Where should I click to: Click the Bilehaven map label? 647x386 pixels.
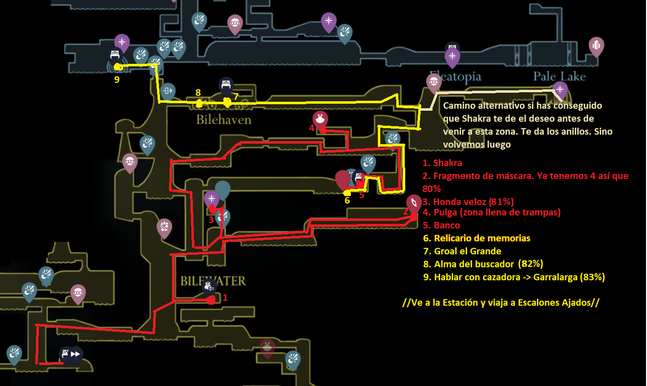[224, 120]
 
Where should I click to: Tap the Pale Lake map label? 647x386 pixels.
[559, 77]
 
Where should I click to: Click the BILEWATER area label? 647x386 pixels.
[213, 281]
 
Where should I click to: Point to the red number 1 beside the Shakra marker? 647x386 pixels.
[225, 297]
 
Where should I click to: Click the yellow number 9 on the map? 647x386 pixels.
[117, 79]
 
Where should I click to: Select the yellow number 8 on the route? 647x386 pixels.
[198, 92]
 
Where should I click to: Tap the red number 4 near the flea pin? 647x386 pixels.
[312, 128]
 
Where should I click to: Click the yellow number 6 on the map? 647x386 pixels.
[347, 200]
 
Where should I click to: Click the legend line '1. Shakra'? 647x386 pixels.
[442, 163]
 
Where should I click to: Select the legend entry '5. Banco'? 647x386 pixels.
[441, 225]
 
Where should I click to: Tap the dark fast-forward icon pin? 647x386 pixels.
[75, 355]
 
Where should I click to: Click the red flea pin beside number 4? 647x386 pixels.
[320, 120]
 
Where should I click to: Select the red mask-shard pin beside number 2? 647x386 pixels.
[414, 204]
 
